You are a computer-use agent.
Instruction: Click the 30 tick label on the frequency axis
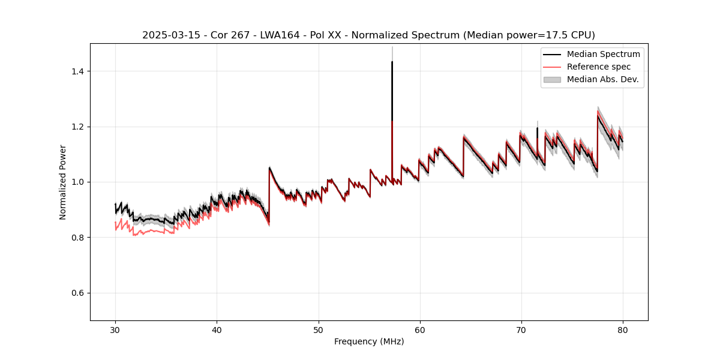(x=115, y=329)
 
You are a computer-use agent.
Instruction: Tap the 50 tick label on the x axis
(x=318, y=329)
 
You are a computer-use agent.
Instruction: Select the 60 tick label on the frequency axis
(x=419, y=329)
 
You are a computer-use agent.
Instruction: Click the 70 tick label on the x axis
(x=521, y=329)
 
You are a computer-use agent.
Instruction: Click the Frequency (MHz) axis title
(x=369, y=341)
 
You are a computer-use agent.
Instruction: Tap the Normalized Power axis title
(x=63, y=182)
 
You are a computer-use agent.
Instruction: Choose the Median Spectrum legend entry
(x=603, y=54)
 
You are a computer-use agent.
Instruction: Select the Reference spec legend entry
(x=599, y=67)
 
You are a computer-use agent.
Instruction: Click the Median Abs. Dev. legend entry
(x=602, y=79)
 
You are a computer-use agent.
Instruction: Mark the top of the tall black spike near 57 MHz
(x=392, y=62)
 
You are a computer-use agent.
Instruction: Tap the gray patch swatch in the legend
(x=552, y=79)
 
